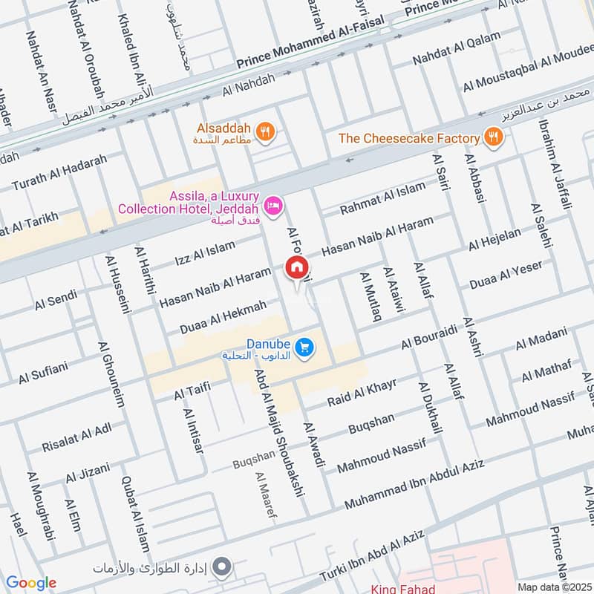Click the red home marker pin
point(297,267)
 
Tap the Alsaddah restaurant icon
point(265,133)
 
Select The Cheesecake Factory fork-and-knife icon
point(492,137)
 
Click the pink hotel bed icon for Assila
point(273,203)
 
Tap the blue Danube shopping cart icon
point(303,347)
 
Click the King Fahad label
point(402,588)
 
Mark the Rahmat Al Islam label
point(383,199)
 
